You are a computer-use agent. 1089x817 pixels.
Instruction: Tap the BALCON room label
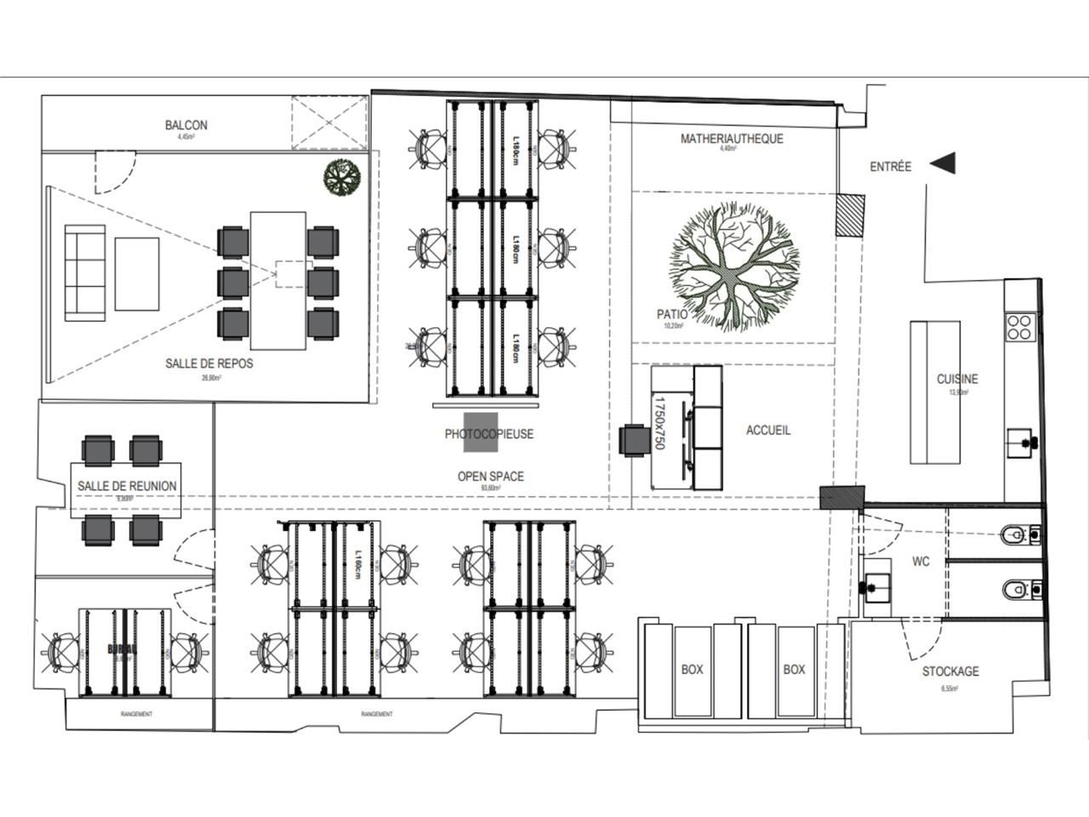185,125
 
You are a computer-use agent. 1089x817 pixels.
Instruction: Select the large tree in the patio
733,265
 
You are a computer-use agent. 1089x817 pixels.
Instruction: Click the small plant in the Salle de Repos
343,178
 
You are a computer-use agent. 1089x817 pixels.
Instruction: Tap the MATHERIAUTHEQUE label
732,139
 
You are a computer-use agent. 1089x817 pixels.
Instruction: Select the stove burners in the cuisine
1021,326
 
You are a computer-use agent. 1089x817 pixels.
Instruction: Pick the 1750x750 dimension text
659,422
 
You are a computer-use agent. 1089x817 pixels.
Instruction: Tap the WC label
921,562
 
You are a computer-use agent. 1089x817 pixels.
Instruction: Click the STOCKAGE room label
950,671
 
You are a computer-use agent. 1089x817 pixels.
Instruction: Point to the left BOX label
693,670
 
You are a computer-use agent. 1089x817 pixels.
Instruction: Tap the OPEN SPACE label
491,477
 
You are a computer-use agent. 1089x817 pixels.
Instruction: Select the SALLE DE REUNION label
127,486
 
